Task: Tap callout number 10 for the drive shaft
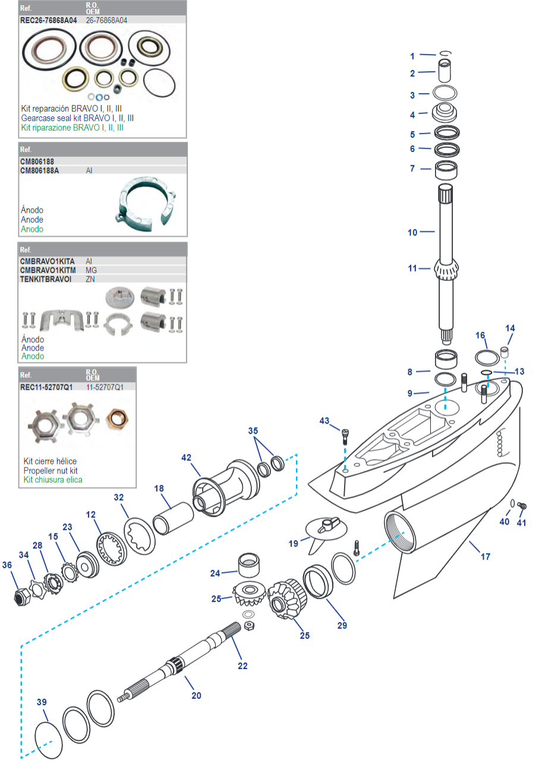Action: pyautogui.click(x=412, y=233)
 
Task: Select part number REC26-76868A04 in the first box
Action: pyautogui.click(x=49, y=20)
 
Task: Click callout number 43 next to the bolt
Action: pyautogui.click(x=324, y=421)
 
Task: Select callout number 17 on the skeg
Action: pyautogui.click(x=486, y=557)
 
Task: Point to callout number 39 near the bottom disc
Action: pyautogui.click(x=42, y=702)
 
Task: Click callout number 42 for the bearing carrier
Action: pyautogui.click(x=187, y=457)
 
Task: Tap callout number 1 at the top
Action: pyautogui.click(x=412, y=56)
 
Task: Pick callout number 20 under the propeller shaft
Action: pyautogui.click(x=196, y=695)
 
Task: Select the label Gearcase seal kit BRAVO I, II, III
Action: pyautogui.click(x=77, y=118)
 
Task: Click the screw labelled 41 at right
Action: pyautogui.click(x=524, y=506)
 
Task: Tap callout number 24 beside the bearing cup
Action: pyautogui.click(x=215, y=573)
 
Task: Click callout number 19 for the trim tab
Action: pyautogui.click(x=294, y=542)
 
